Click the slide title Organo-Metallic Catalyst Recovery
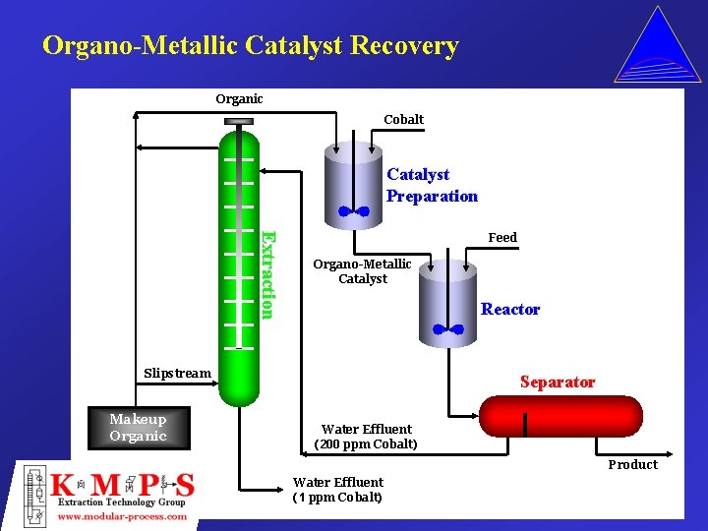(x=250, y=46)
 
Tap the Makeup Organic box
(x=138, y=428)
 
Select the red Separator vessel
(x=559, y=416)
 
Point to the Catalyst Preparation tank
(x=351, y=182)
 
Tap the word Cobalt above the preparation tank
(x=403, y=119)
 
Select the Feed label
(x=502, y=237)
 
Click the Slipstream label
(x=177, y=373)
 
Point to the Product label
(x=632, y=464)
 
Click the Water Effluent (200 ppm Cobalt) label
(x=366, y=437)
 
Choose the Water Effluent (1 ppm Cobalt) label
(x=337, y=490)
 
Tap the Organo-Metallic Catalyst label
(x=362, y=271)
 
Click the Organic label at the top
(x=239, y=98)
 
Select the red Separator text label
(x=558, y=382)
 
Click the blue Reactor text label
(x=510, y=309)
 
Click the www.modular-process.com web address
(x=123, y=516)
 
